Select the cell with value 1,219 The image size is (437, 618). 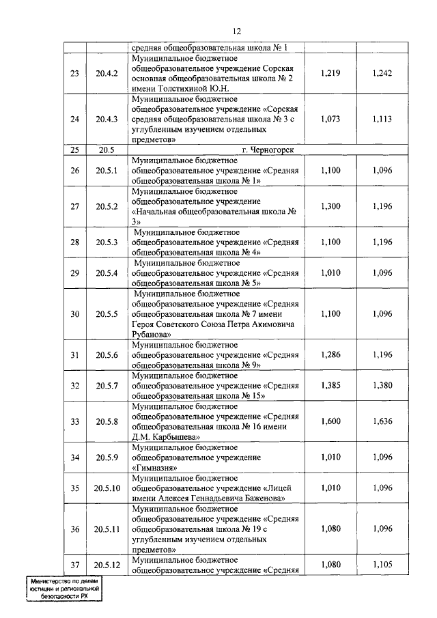330,73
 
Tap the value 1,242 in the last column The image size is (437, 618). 382,73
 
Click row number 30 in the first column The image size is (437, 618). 75,313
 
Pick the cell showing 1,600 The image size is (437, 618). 330,421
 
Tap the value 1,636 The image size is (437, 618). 382,421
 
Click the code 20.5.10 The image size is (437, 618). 107,488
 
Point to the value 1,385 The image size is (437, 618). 330,385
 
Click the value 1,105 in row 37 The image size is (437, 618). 382,564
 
